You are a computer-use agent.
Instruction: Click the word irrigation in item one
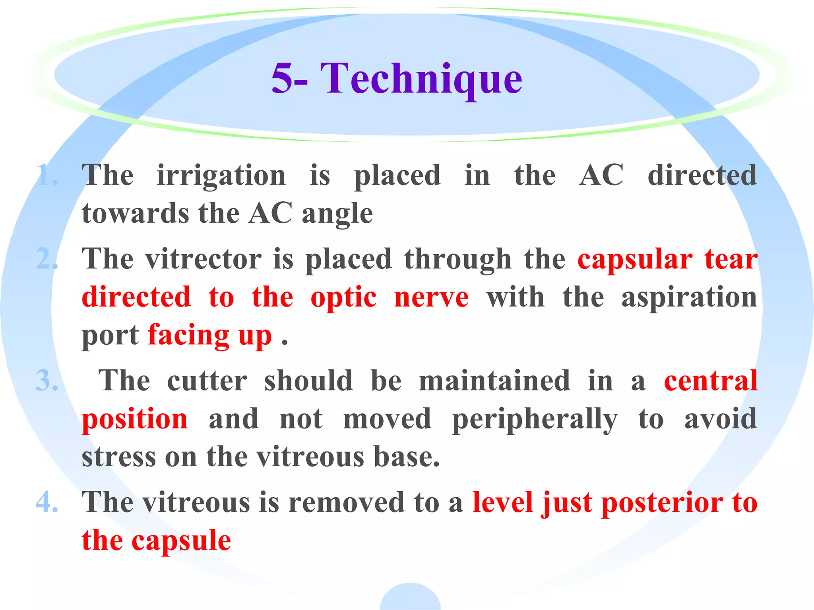[x=221, y=176]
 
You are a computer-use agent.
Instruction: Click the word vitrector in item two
[x=203, y=259]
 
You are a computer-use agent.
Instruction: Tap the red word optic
[x=343, y=298]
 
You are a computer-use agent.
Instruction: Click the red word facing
[x=188, y=336]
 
